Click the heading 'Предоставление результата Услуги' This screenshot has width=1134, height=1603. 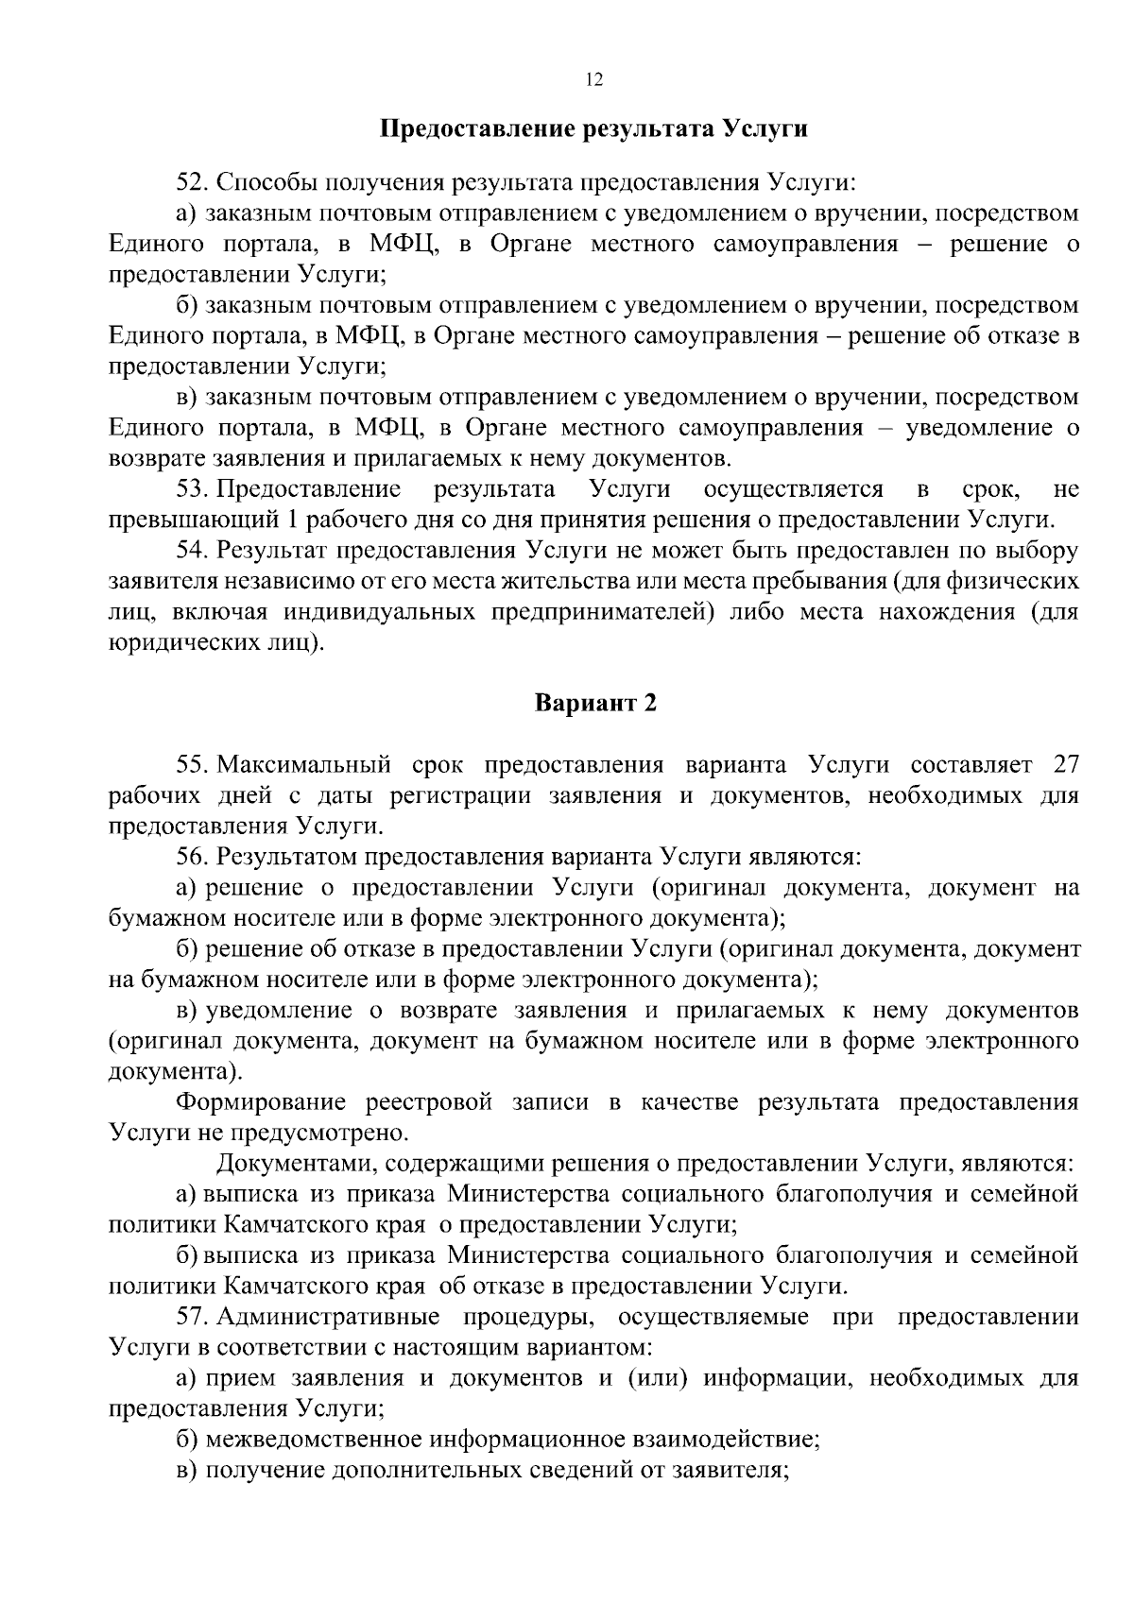[x=593, y=128]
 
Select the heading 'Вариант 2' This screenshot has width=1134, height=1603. [x=595, y=703]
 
